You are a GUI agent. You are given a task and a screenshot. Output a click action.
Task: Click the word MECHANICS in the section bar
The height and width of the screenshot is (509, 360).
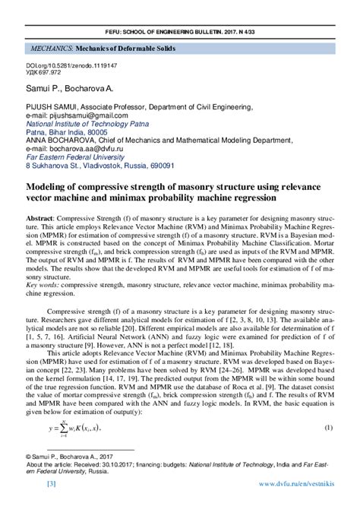tap(50, 48)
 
